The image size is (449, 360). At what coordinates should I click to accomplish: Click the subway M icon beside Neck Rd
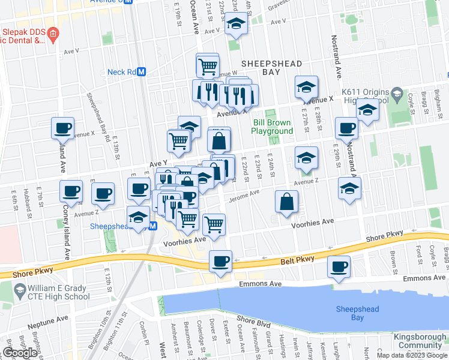tap(142, 72)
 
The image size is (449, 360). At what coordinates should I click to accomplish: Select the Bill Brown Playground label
tap(272, 127)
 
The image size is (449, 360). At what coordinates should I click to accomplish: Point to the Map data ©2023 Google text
tap(412, 355)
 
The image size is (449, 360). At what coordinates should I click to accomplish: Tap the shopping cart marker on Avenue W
tap(208, 66)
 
